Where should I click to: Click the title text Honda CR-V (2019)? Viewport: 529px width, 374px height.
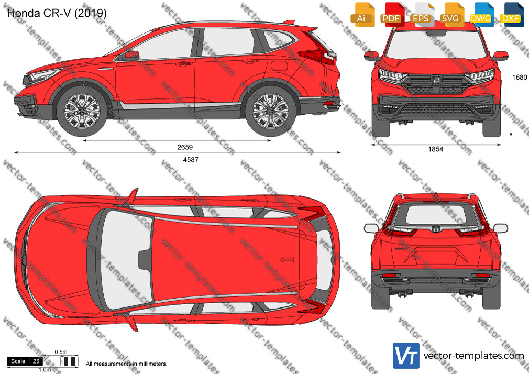click(57, 13)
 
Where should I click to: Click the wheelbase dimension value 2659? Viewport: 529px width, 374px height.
click(185, 147)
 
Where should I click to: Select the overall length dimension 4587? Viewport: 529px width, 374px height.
click(191, 160)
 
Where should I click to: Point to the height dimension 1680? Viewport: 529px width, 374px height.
click(519, 78)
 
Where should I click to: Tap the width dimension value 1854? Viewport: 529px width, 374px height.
click(436, 149)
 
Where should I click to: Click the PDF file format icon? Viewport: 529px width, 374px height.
click(392, 15)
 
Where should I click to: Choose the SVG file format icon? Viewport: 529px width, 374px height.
click(451, 15)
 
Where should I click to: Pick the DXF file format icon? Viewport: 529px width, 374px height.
click(511, 15)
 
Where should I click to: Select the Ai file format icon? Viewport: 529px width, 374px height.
click(362, 15)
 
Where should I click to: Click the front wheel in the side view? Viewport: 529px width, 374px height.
click(82, 111)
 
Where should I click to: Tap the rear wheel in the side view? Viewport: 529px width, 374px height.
click(270, 111)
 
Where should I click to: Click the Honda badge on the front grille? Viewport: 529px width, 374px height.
click(436, 80)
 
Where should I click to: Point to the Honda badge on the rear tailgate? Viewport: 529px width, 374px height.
click(435, 228)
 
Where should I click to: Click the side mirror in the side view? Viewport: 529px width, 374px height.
click(132, 56)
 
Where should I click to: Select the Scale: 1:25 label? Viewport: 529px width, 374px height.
click(25, 361)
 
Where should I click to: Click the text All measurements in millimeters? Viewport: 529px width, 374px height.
click(126, 364)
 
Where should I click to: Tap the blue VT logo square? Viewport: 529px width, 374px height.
click(406, 356)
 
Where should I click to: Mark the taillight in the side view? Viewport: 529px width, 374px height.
click(317, 56)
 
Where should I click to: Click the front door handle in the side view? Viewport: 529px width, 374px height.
click(183, 63)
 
